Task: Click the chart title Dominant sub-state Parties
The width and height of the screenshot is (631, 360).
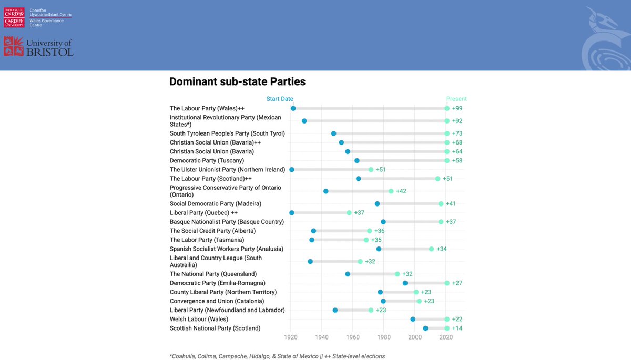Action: pyautogui.click(x=237, y=82)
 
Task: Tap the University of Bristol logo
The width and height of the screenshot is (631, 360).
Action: pyautogui.click(x=38, y=47)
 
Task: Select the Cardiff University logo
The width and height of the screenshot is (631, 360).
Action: pyautogui.click(x=14, y=17)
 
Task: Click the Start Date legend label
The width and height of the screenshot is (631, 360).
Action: pyautogui.click(x=280, y=99)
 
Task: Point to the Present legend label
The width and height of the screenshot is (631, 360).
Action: pyautogui.click(x=456, y=99)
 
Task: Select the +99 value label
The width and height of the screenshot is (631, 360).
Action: pyautogui.click(x=457, y=108)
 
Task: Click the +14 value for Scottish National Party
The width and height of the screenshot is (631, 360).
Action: pyautogui.click(x=457, y=328)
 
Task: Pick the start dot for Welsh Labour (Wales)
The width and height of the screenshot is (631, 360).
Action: pyautogui.click(x=413, y=319)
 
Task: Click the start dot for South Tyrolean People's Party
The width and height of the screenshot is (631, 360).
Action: pyautogui.click(x=334, y=133)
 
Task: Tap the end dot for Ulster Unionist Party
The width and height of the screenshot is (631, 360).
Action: pyautogui.click(x=371, y=170)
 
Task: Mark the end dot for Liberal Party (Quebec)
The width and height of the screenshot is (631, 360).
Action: pyautogui.click(x=349, y=213)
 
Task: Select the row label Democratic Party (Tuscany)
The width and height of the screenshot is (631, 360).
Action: pyautogui.click(x=207, y=160)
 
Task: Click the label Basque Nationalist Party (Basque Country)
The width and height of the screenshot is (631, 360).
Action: pyautogui.click(x=227, y=222)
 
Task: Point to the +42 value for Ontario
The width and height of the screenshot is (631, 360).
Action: pyautogui.click(x=401, y=191)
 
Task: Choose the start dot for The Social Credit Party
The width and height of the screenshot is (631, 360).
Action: pyautogui.click(x=313, y=231)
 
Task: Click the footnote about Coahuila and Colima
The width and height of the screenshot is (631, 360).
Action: pyautogui.click(x=277, y=356)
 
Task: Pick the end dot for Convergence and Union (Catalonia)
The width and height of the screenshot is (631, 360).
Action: pyautogui.click(x=419, y=301)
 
